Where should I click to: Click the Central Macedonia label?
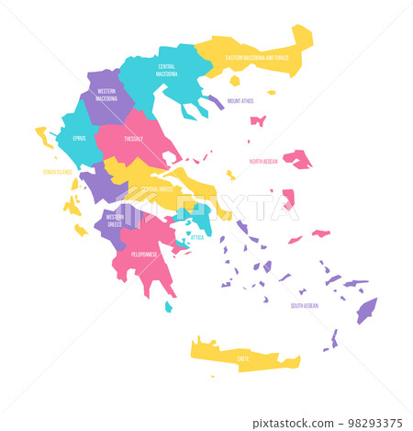pyautogui.click(x=166, y=70)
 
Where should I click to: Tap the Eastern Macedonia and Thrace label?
pyautogui.click(x=256, y=58)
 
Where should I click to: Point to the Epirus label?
pyautogui.click(x=80, y=138)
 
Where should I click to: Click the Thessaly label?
pyautogui.click(x=135, y=139)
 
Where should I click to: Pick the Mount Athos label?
pyautogui.click(x=240, y=101)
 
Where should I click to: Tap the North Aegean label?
pyautogui.click(x=263, y=161)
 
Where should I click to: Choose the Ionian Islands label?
pyautogui.click(x=56, y=171)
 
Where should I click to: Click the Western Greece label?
pyautogui.click(x=115, y=220)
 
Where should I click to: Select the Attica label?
pyautogui.click(x=196, y=237)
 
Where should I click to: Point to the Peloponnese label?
pyautogui.click(x=143, y=254)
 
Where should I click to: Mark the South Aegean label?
pyautogui.click(x=305, y=305)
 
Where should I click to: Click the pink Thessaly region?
pyautogui.click(x=147, y=152)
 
